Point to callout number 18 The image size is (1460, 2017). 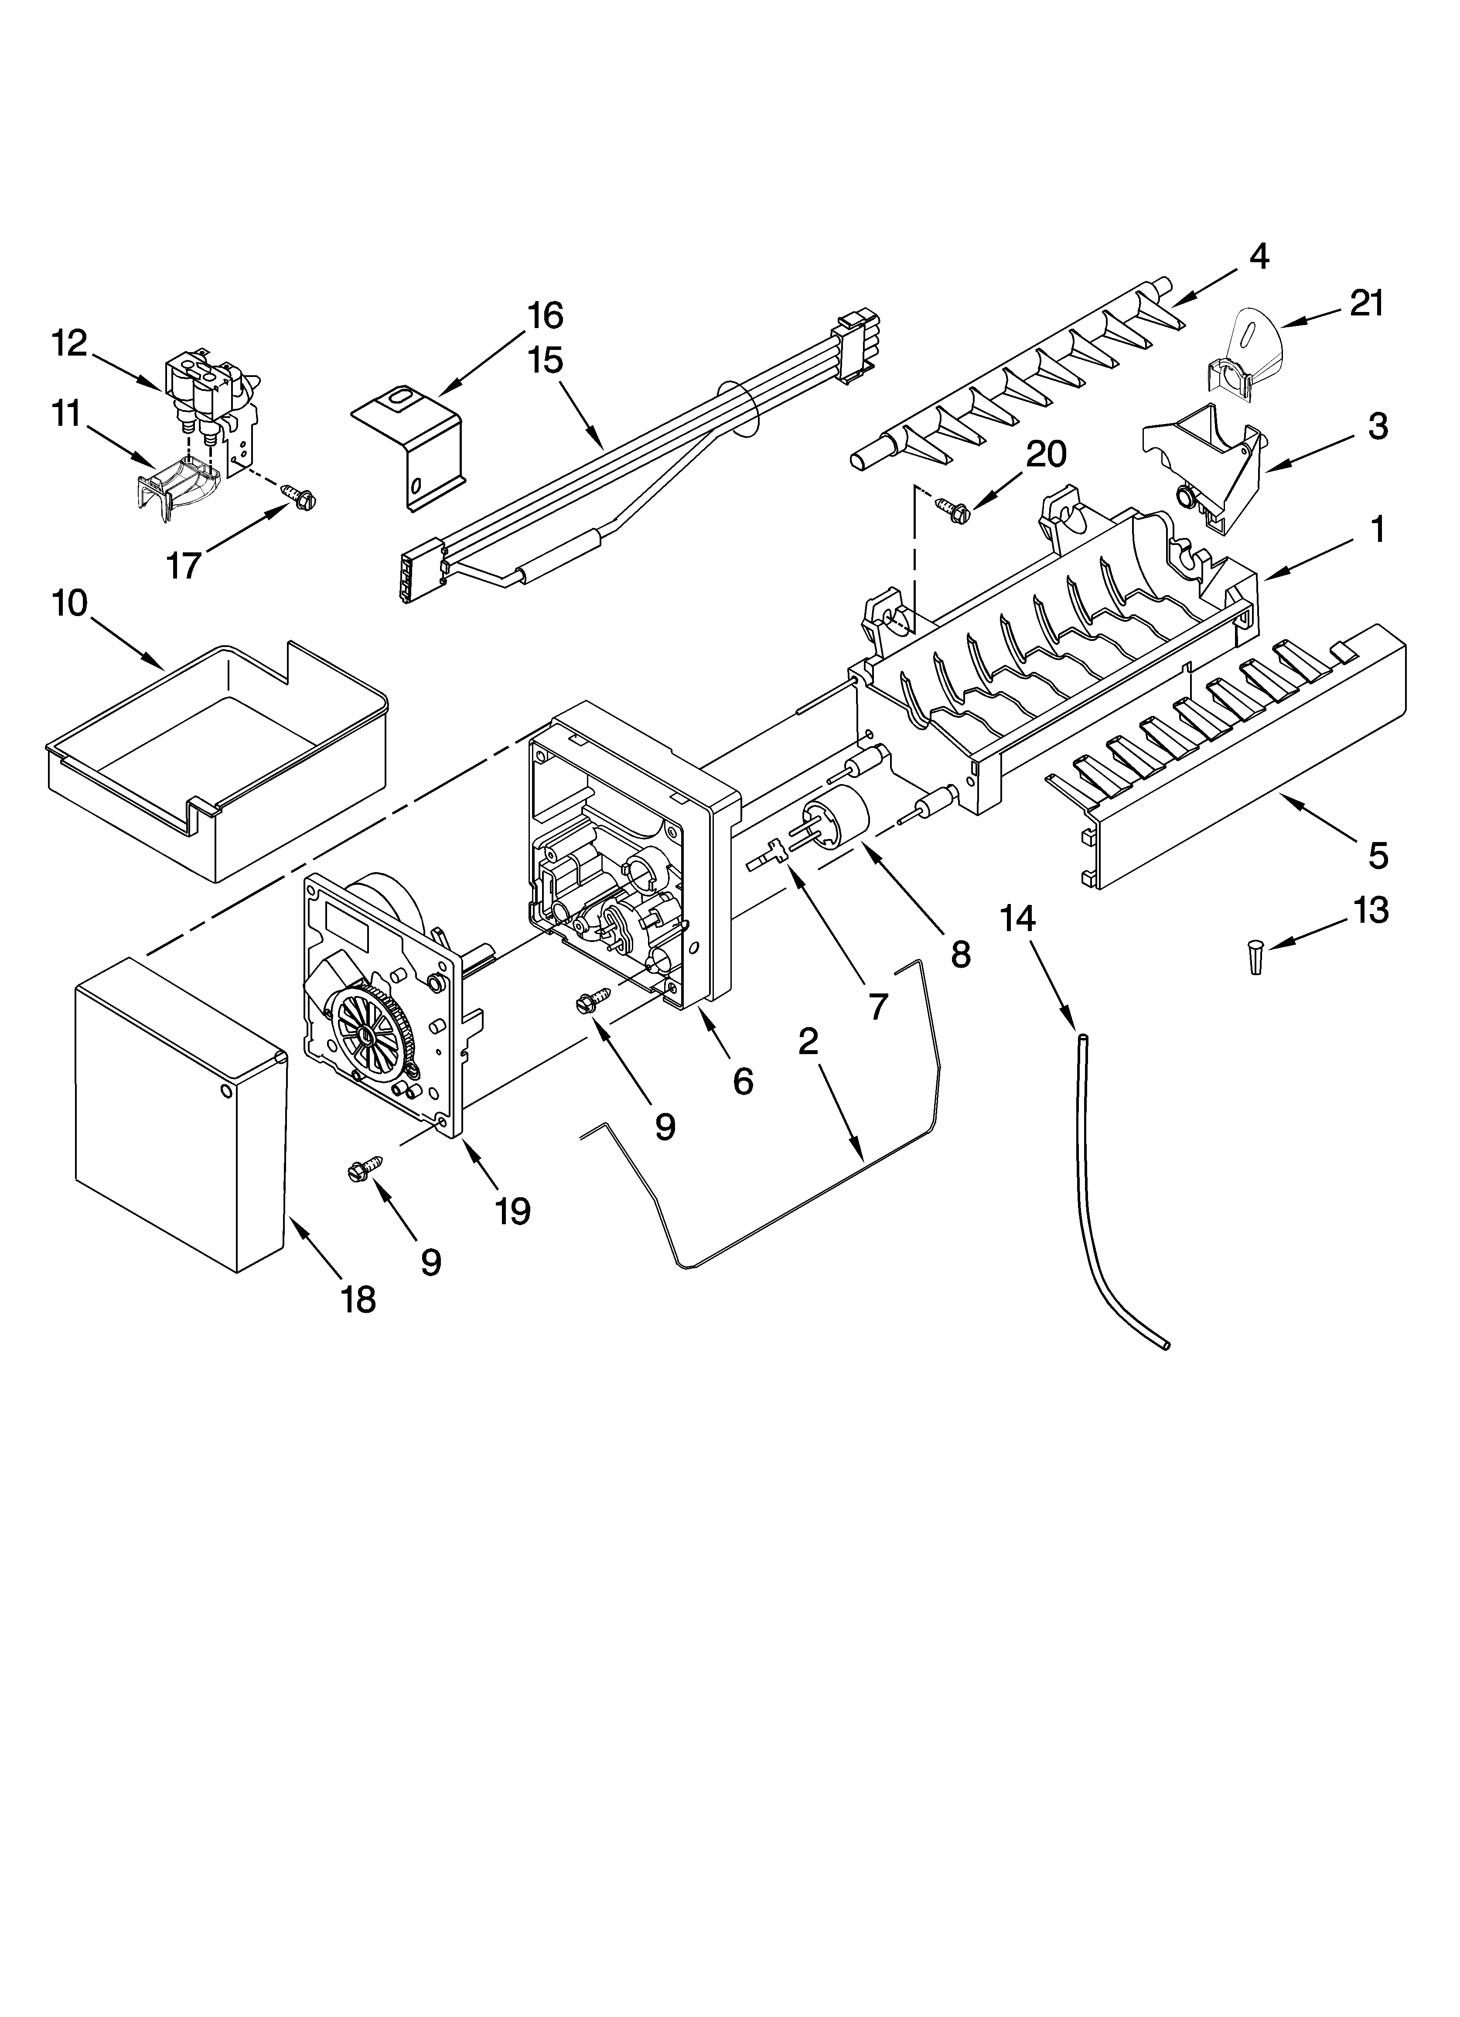358,1300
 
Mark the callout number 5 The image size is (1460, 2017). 1377,856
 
